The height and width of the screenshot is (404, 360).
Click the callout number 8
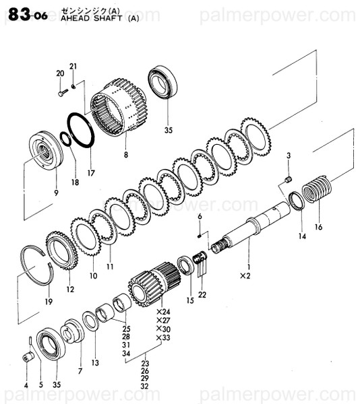(x=125, y=154)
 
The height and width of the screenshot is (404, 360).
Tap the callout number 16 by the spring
(x=318, y=227)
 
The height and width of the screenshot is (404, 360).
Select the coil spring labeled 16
(x=318, y=190)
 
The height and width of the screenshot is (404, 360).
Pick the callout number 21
(x=73, y=65)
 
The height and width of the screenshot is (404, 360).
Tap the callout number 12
(x=70, y=290)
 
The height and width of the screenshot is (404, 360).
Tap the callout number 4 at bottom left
(x=25, y=385)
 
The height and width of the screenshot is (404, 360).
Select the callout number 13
(x=95, y=362)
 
